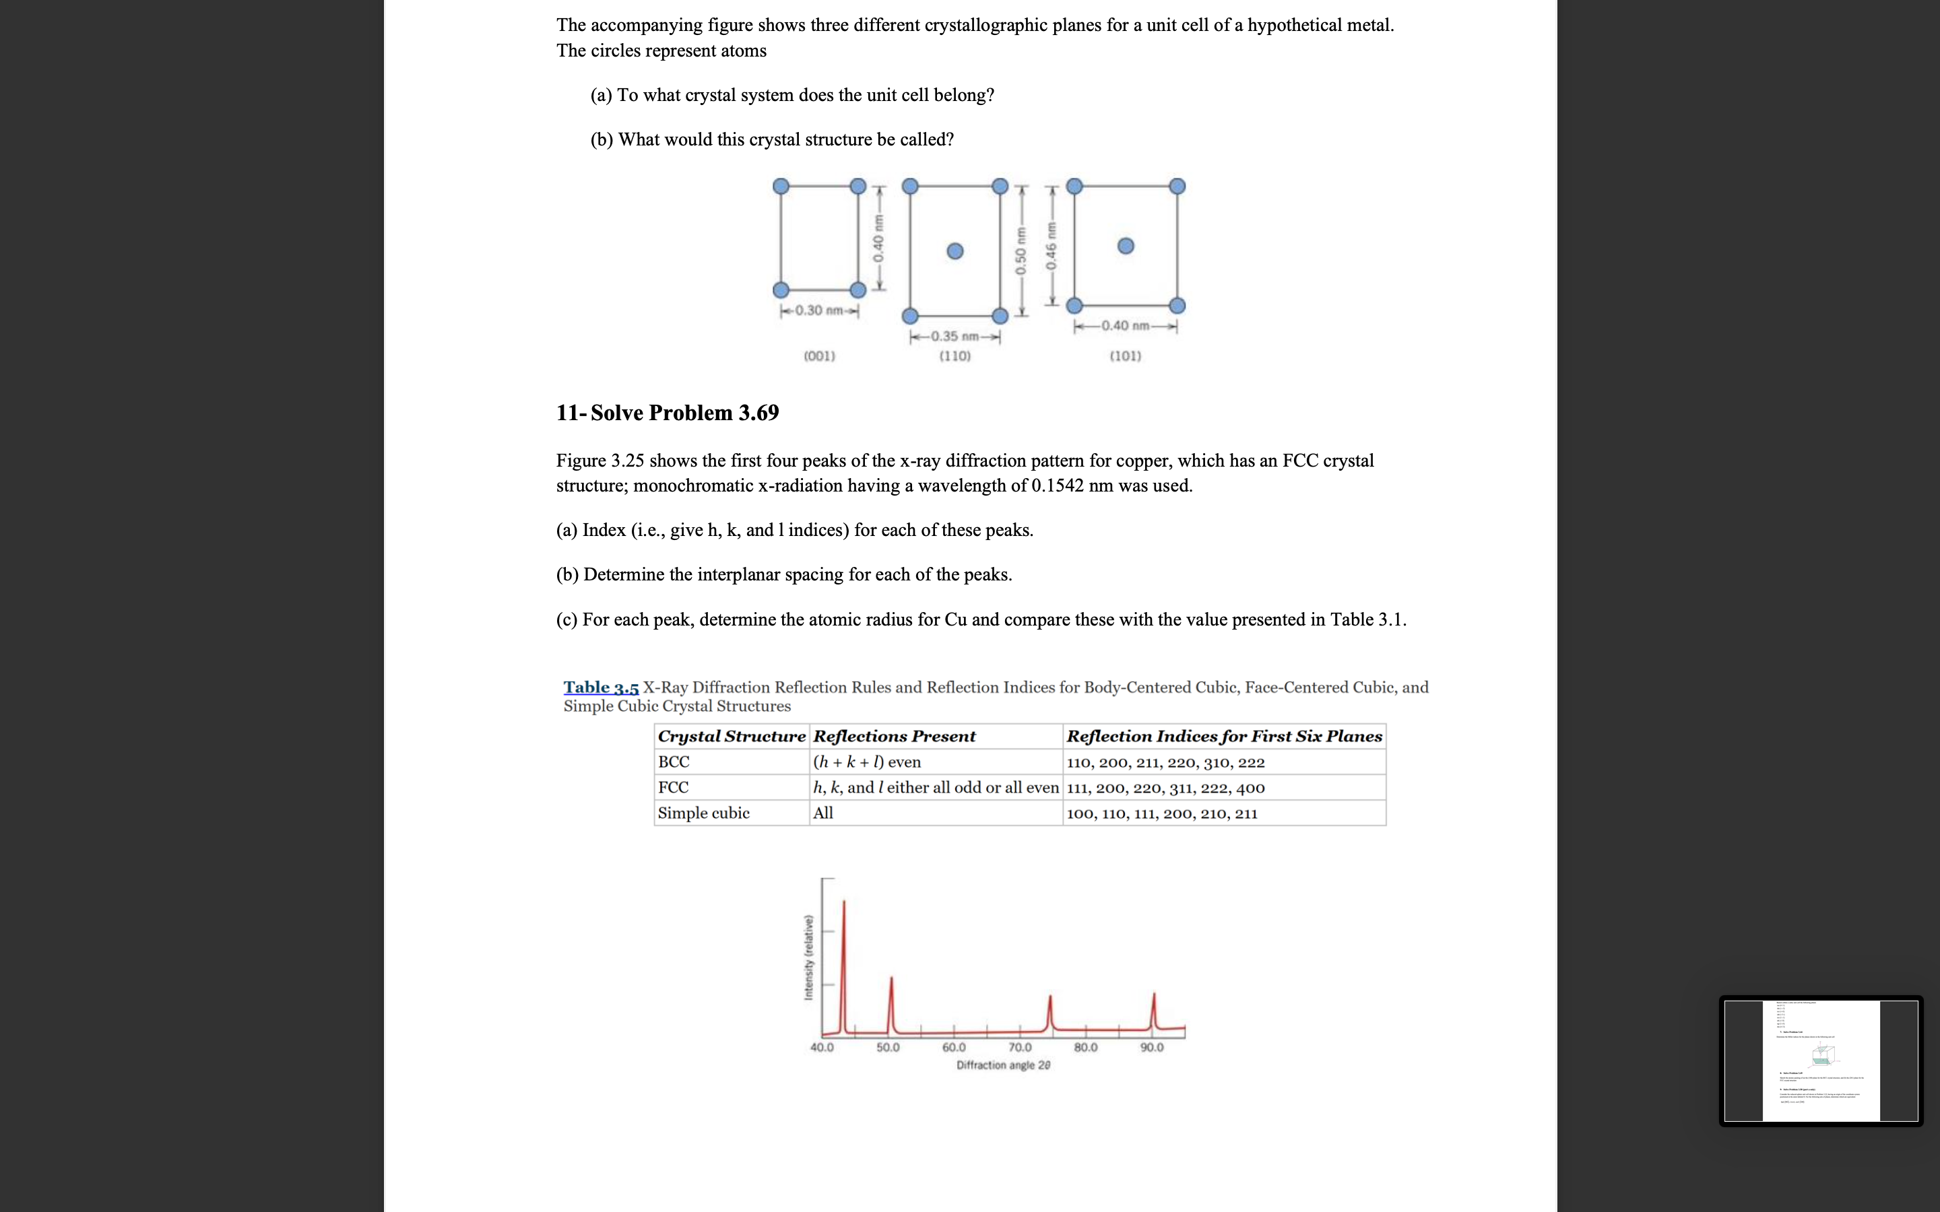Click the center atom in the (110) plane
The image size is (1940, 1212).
coord(955,252)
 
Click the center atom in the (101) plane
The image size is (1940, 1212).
coord(1126,246)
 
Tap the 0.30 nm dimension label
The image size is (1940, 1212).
coord(819,310)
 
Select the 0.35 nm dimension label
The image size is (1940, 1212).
coord(955,337)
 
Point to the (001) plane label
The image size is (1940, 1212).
coord(819,356)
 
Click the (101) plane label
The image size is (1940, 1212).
coord(1126,356)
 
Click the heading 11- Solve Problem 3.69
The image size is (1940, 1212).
coord(667,413)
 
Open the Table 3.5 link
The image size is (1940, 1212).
coord(600,687)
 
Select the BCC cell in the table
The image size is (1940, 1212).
coord(674,762)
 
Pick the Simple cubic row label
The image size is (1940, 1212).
coord(703,813)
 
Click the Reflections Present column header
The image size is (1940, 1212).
coord(894,736)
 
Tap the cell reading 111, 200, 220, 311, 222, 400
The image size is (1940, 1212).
coord(1165,787)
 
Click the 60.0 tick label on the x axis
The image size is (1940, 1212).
coord(954,1048)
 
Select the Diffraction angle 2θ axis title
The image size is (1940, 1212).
coord(1003,1065)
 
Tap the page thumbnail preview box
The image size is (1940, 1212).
coord(1821,1060)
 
